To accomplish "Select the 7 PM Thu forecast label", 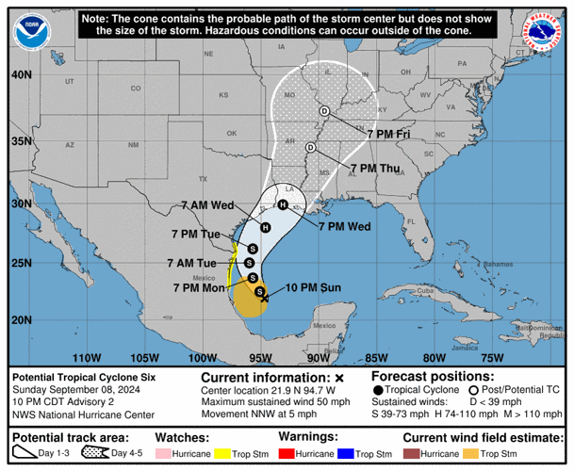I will [x=374, y=169].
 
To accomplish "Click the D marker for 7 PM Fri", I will [x=323, y=111].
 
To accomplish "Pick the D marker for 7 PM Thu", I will [x=310, y=147].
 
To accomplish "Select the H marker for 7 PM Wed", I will [x=283, y=204].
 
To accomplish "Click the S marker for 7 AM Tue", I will [x=250, y=262].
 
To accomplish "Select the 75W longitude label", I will [x=491, y=357].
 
